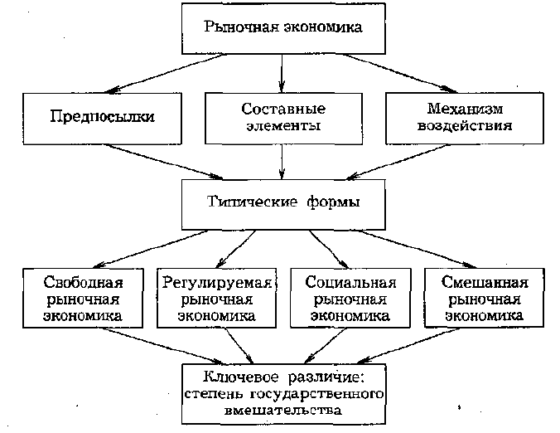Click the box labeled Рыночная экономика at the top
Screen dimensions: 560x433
click(283, 28)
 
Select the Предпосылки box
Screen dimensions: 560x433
click(102, 119)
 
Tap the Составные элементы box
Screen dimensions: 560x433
click(283, 119)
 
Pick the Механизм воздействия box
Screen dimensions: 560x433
click(465, 119)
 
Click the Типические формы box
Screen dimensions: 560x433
click(283, 205)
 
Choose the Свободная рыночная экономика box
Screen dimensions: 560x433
click(83, 298)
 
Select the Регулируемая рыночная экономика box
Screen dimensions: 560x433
click(217, 298)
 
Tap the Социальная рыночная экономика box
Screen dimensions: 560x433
click(350, 298)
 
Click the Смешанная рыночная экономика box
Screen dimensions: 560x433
click(485, 298)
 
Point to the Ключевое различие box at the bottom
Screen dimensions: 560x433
click(283, 394)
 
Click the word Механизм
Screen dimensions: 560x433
click(465, 109)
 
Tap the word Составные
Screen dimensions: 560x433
click(283, 109)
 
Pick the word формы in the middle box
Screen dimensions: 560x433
click(333, 202)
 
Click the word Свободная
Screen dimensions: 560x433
click(83, 283)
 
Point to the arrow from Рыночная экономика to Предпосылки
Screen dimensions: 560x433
click(165, 74)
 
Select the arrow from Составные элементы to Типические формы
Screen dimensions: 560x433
click(282, 162)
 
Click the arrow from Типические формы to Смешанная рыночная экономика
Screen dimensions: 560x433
click(418, 249)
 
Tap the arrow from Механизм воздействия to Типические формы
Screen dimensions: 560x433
click(398, 162)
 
